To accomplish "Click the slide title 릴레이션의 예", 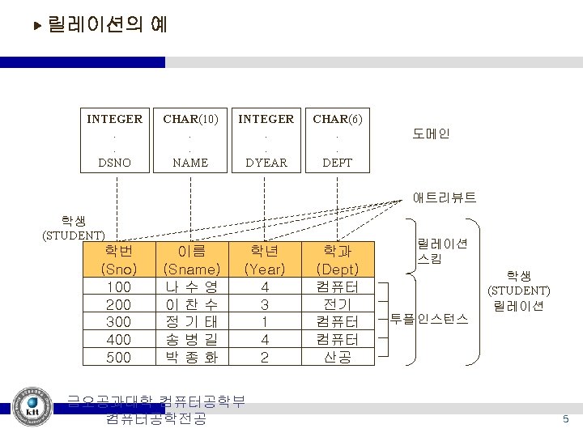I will pyautogui.click(x=107, y=25).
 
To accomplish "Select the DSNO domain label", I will pyautogui.click(x=114, y=163).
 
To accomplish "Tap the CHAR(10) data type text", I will pyautogui.click(x=190, y=119).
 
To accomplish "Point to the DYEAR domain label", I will pyautogui.click(x=266, y=163).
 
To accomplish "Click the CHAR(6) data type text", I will pyautogui.click(x=338, y=119).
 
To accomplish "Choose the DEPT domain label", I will pyautogui.click(x=338, y=163).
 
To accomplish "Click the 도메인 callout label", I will pyautogui.click(x=431, y=134).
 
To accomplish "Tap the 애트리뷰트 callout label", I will pyautogui.click(x=445, y=197).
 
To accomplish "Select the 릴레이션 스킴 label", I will pyautogui.click(x=436, y=252).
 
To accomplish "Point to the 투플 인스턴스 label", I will pyautogui.click(x=429, y=318).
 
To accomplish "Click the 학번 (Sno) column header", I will pyautogui.click(x=118, y=260).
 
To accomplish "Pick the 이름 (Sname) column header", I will pyautogui.click(x=192, y=260).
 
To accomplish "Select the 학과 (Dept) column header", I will pyautogui.click(x=338, y=260).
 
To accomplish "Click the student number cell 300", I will pyautogui.click(x=118, y=321).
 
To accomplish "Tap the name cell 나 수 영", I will pyautogui.click(x=192, y=286).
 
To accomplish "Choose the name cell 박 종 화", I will pyautogui.click(x=192, y=356).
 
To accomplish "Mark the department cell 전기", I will pyautogui.click(x=338, y=304).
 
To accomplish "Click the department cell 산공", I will pyautogui.click(x=338, y=356).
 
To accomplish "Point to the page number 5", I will pyautogui.click(x=566, y=418).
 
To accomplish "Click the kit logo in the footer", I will pyautogui.click(x=33, y=406).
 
